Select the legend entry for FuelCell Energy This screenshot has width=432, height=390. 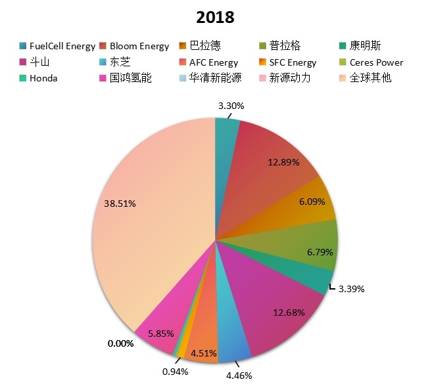click(58, 46)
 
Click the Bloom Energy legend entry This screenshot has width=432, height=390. click(135, 46)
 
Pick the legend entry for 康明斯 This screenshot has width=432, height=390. click(365, 46)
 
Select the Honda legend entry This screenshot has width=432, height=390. click(43, 78)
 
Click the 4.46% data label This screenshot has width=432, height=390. click(238, 376)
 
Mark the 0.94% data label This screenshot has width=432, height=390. click(175, 372)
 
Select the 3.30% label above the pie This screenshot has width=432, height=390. click(231, 104)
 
